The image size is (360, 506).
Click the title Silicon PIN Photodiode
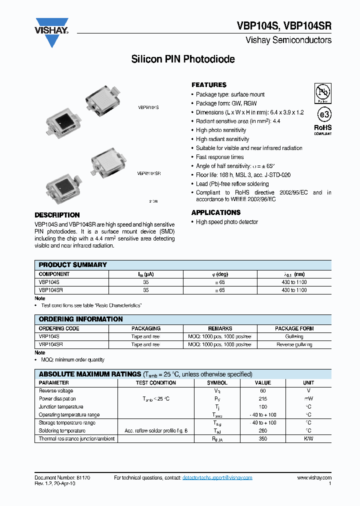[x=182, y=59]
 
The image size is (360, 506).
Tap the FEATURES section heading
[x=209, y=85]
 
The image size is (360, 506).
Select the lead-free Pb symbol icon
[x=322, y=92]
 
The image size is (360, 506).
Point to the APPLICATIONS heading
[x=216, y=212]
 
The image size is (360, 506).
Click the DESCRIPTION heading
[x=57, y=215]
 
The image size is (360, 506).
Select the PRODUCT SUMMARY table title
[x=73, y=265]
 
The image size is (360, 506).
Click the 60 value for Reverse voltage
[x=263, y=391]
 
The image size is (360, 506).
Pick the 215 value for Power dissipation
[x=263, y=399]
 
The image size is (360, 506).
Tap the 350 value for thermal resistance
[x=263, y=439]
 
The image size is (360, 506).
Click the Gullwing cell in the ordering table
[x=294, y=337]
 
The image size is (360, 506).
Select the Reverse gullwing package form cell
[x=294, y=345]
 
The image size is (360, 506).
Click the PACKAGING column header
[x=145, y=329]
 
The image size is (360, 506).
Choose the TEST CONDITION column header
[x=156, y=383]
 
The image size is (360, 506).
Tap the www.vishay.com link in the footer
[x=314, y=478]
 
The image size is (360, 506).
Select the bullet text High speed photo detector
[x=227, y=222]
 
